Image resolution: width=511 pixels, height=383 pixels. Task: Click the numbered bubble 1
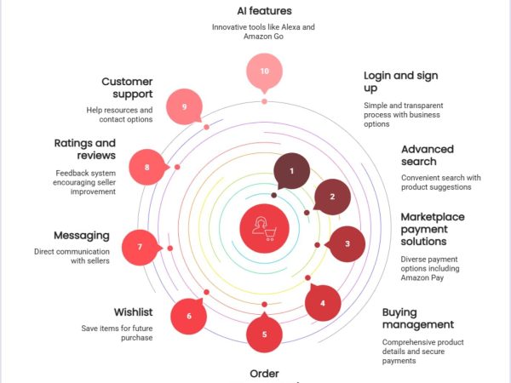click(x=292, y=171)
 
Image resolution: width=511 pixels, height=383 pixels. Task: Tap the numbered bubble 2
click(x=332, y=197)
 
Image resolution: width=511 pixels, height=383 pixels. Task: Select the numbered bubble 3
click(x=347, y=244)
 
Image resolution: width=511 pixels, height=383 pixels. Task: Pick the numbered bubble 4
click(x=323, y=303)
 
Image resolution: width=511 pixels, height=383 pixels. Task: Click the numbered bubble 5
click(x=264, y=334)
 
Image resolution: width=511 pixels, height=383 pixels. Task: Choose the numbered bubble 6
click(x=189, y=317)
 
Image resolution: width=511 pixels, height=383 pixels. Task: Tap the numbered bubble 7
click(x=140, y=248)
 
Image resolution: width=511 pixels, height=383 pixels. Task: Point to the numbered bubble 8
click(x=146, y=167)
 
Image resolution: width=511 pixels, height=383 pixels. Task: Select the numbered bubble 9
click(x=184, y=107)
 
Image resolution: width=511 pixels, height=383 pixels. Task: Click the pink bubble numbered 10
click(x=264, y=71)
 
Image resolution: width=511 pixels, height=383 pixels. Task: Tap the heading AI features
click(x=264, y=11)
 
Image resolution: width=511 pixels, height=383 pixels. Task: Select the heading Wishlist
click(x=133, y=312)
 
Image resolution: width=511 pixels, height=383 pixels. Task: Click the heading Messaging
click(x=81, y=235)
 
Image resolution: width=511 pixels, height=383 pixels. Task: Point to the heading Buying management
click(x=417, y=318)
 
